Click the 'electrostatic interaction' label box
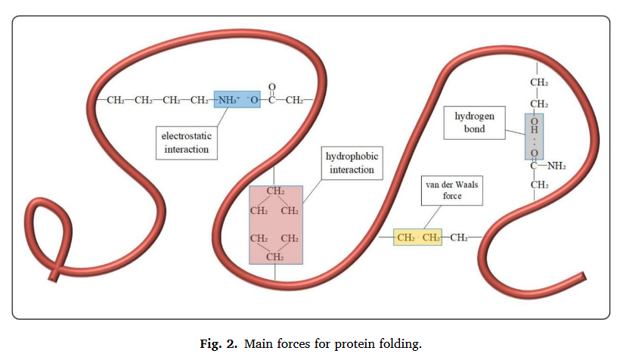pos(187,143)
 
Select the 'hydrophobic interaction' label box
pos(351,163)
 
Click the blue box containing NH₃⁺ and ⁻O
pos(237,100)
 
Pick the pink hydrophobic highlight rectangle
pos(275,225)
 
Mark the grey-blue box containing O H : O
pos(534,137)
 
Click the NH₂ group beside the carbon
pos(556,166)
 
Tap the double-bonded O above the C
pos(271,86)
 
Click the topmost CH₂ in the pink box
pos(275,191)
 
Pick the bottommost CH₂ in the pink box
pos(275,257)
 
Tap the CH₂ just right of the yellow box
pos(458,238)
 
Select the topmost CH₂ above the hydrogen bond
pos(538,82)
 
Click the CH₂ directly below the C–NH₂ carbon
pos(538,185)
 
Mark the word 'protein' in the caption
pos(358,344)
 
